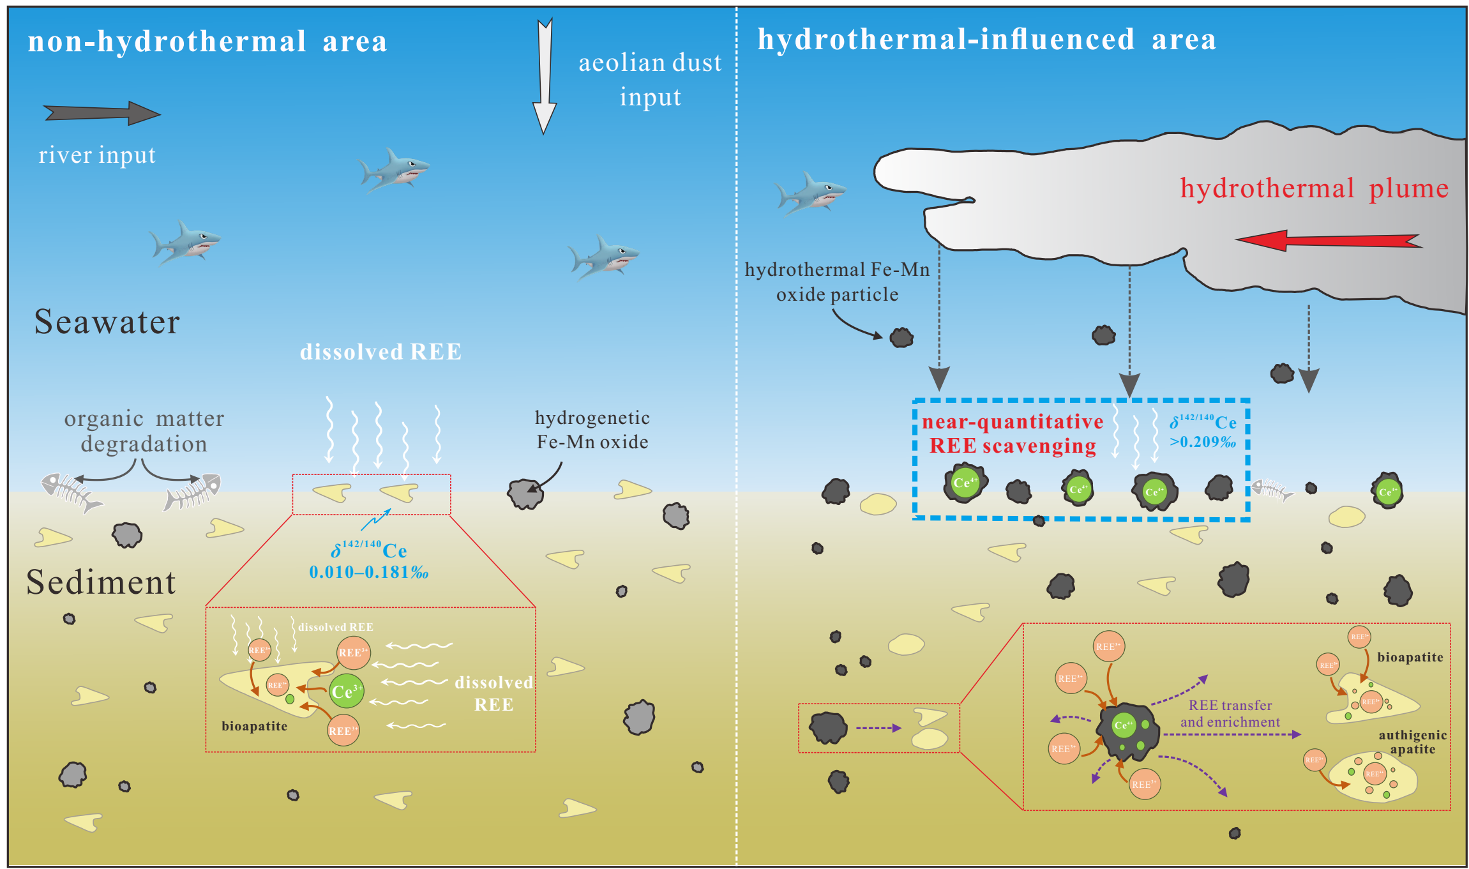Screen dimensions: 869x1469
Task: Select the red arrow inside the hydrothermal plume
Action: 1328,240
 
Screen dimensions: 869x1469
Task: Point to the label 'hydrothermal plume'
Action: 1314,188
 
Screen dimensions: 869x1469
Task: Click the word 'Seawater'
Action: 107,322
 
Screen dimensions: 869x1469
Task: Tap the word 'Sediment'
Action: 101,582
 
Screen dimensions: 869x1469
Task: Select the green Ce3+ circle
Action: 347,691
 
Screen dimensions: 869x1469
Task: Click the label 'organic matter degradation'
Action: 144,431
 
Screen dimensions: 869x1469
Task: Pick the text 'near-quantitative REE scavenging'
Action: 1013,434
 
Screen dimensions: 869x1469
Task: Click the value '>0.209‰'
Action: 1202,442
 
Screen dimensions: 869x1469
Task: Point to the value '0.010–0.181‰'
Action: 368,572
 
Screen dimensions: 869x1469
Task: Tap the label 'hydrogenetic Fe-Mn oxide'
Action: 592,430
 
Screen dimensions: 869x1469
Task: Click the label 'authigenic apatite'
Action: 1412,742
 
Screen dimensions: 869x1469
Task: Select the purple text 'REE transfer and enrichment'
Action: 1230,713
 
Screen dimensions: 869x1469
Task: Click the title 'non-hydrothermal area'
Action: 207,42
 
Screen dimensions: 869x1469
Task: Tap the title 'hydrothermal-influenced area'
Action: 986,40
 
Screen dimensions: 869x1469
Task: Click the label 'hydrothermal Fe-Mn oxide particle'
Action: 837,282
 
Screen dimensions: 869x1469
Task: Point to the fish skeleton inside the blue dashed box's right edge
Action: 1271,490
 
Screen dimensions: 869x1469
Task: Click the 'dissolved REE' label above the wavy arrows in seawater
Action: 380,352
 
